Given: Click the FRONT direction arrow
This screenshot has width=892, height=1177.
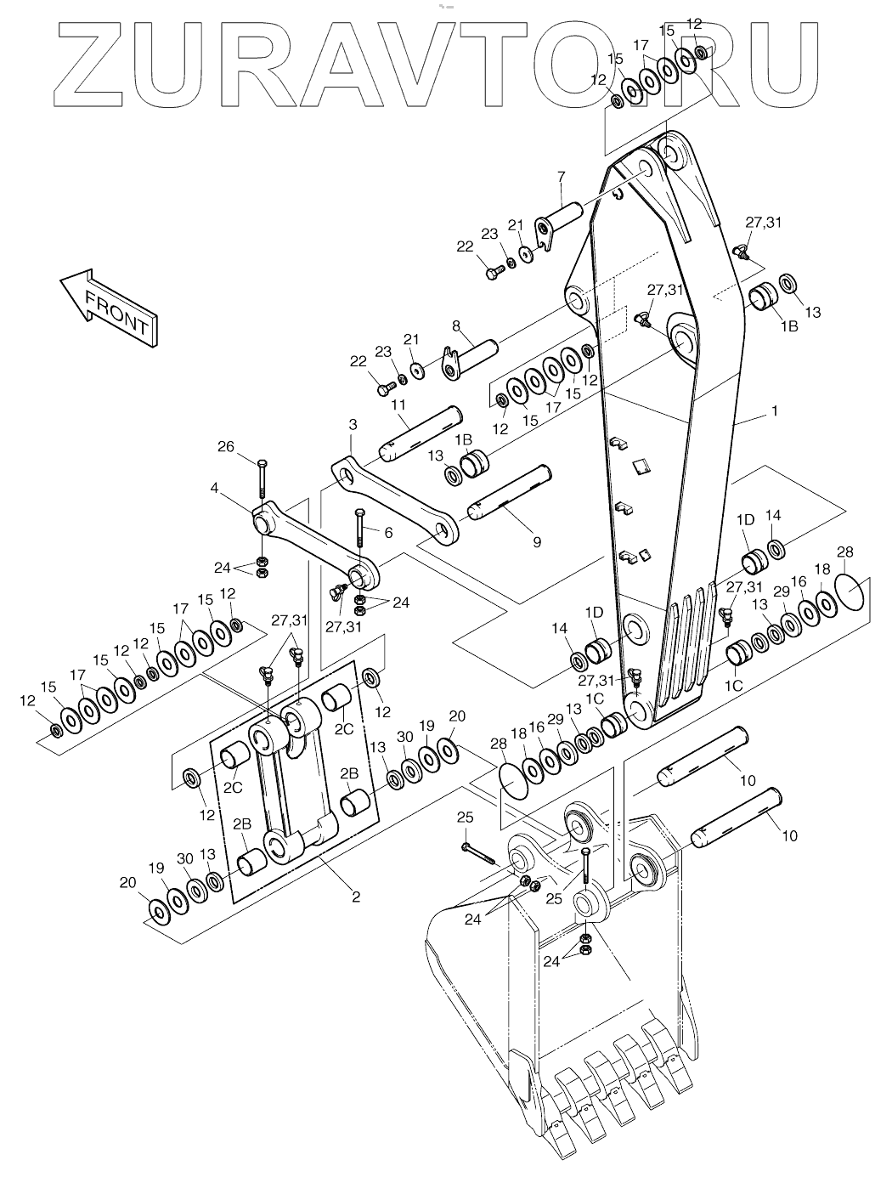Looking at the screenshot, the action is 109,307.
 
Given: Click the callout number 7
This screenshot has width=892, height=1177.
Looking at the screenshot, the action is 562,177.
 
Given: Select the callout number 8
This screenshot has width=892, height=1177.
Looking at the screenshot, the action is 456,326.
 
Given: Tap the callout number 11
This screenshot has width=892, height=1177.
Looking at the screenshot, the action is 398,405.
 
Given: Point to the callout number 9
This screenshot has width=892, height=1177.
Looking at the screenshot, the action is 537,542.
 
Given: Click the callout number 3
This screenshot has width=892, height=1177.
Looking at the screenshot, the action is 353,425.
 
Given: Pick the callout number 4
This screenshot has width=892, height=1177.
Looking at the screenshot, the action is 214,489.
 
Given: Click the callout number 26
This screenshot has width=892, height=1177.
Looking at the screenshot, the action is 226,446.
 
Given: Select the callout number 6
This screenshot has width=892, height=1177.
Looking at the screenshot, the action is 388,533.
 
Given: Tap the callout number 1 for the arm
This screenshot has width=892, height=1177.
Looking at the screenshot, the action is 775,411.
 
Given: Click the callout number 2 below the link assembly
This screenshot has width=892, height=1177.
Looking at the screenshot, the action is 356,897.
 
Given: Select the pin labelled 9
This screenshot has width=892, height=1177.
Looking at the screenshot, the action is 510,492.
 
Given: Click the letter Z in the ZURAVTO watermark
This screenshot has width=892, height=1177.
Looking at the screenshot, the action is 89,65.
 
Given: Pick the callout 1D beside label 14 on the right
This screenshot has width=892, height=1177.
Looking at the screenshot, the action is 745,519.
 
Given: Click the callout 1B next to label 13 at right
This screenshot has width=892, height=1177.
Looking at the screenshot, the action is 789,325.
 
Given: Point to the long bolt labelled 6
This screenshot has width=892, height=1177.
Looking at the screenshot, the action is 359,528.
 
